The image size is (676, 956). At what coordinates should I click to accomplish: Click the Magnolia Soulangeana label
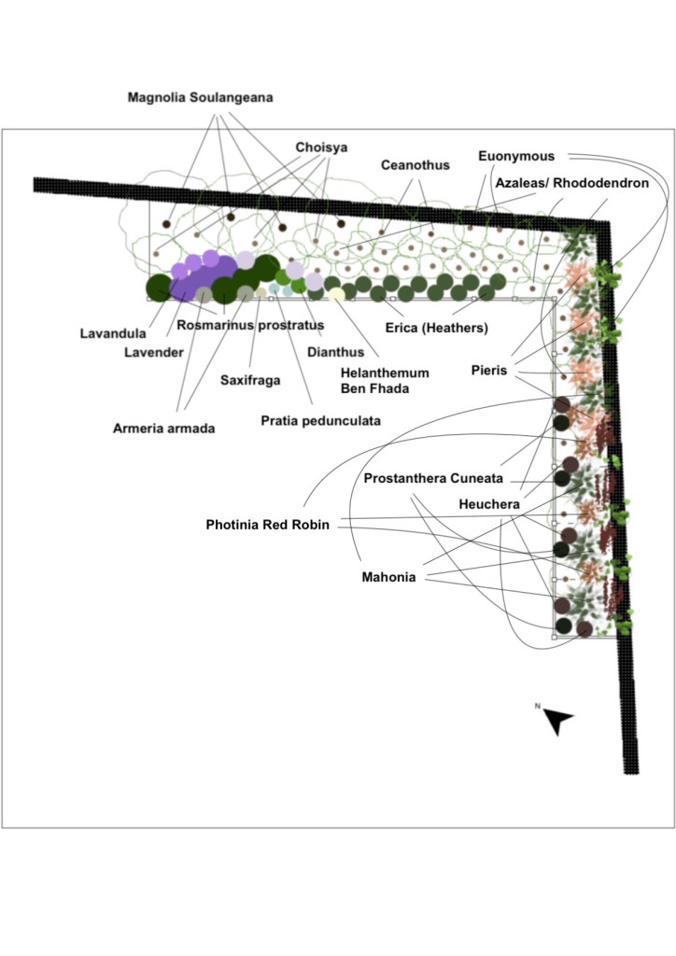click(200, 98)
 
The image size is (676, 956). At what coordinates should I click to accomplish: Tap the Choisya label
click(321, 148)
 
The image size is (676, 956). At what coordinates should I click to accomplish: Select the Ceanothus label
click(415, 165)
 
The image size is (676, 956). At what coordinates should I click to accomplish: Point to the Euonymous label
click(515, 157)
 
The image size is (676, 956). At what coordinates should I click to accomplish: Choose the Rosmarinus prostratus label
click(250, 325)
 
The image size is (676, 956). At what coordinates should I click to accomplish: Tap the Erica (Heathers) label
click(437, 328)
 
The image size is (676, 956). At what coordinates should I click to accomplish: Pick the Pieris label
click(488, 371)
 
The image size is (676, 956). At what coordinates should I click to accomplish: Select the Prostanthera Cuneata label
click(433, 479)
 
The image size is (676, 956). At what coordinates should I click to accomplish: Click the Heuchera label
click(489, 504)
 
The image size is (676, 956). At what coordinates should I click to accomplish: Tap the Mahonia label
click(387, 578)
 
